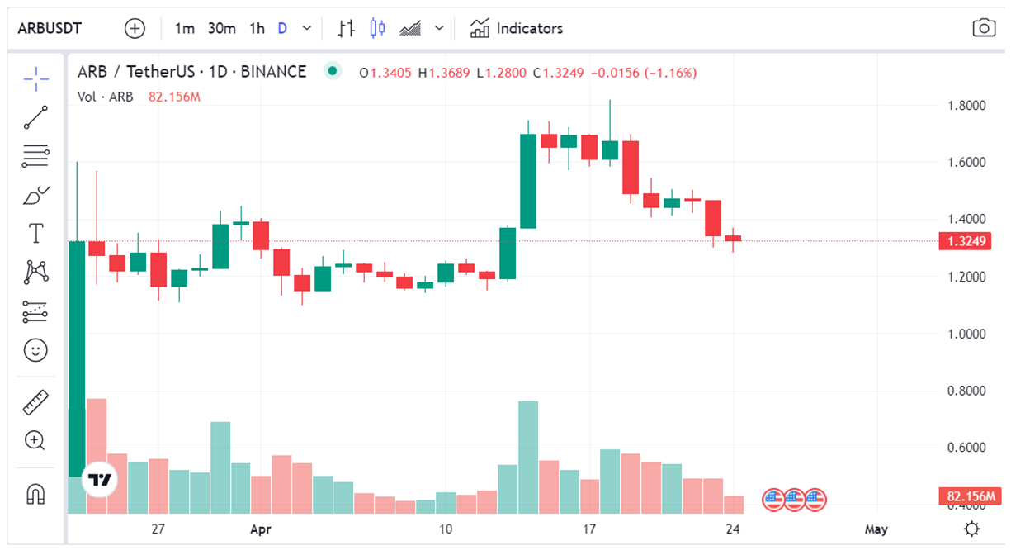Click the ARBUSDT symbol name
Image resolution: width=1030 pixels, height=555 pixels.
[50, 28]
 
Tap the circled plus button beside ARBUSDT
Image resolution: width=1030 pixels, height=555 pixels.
[135, 28]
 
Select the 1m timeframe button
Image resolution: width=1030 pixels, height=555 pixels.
[184, 28]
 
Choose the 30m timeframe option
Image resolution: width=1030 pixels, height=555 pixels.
[221, 28]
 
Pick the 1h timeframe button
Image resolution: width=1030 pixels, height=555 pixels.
[257, 28]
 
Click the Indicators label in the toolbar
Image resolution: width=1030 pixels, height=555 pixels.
[529, 28]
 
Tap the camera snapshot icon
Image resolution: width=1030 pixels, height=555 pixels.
[984, 28]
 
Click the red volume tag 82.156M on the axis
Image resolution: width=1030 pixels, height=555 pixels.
[970, 496]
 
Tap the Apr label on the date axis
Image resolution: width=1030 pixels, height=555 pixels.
[262, 529]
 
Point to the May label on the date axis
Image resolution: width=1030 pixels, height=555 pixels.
[876, 529]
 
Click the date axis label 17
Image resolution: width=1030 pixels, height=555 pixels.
[589, 529]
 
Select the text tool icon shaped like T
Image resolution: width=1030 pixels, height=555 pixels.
[35, 234]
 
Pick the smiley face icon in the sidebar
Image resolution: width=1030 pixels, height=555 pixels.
[35, 350]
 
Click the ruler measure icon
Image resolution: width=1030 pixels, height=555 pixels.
[35, 402]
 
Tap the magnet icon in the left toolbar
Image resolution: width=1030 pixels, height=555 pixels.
[35, 494]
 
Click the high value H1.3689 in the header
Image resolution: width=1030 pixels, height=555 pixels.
[444, 73]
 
